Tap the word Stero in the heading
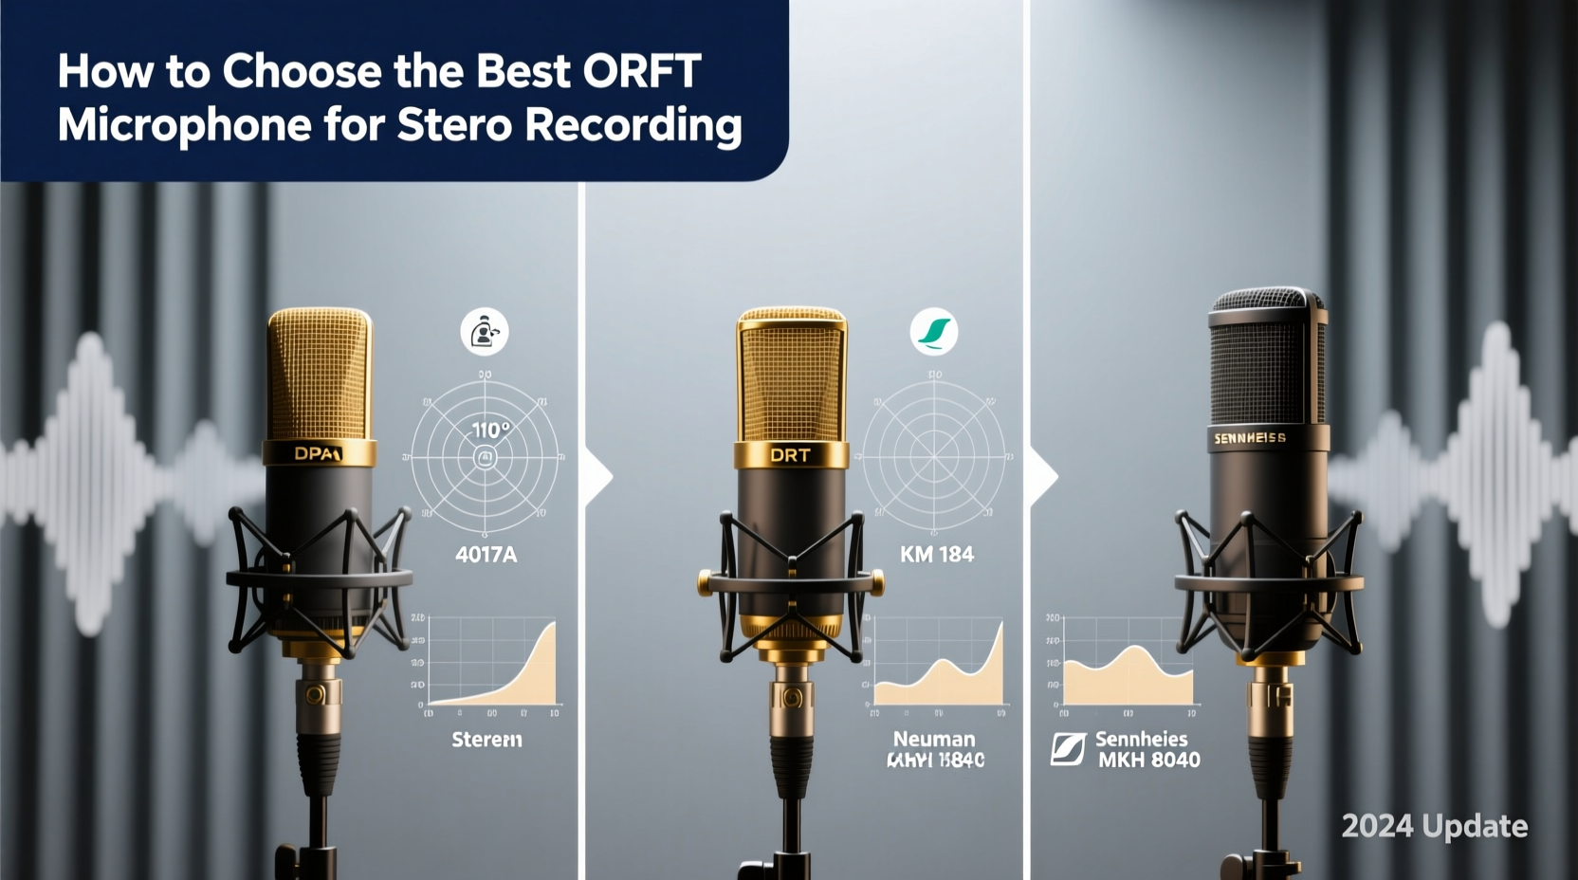pos(454,126)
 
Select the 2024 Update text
pos(1434,826)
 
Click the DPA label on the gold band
pos(317,453)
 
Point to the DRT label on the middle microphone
pos(790,455)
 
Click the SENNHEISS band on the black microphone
pos(1250,438)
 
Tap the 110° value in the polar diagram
pos(491,430)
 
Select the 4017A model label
pos(486,555)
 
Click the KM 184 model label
pos(936,555)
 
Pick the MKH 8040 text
pos(1148,761)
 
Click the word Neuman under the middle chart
pos(933,739)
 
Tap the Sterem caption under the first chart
pos(486,740)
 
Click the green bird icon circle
pos(934,332)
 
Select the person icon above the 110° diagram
pos(485,332)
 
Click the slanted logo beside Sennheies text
pos(1068,749)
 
